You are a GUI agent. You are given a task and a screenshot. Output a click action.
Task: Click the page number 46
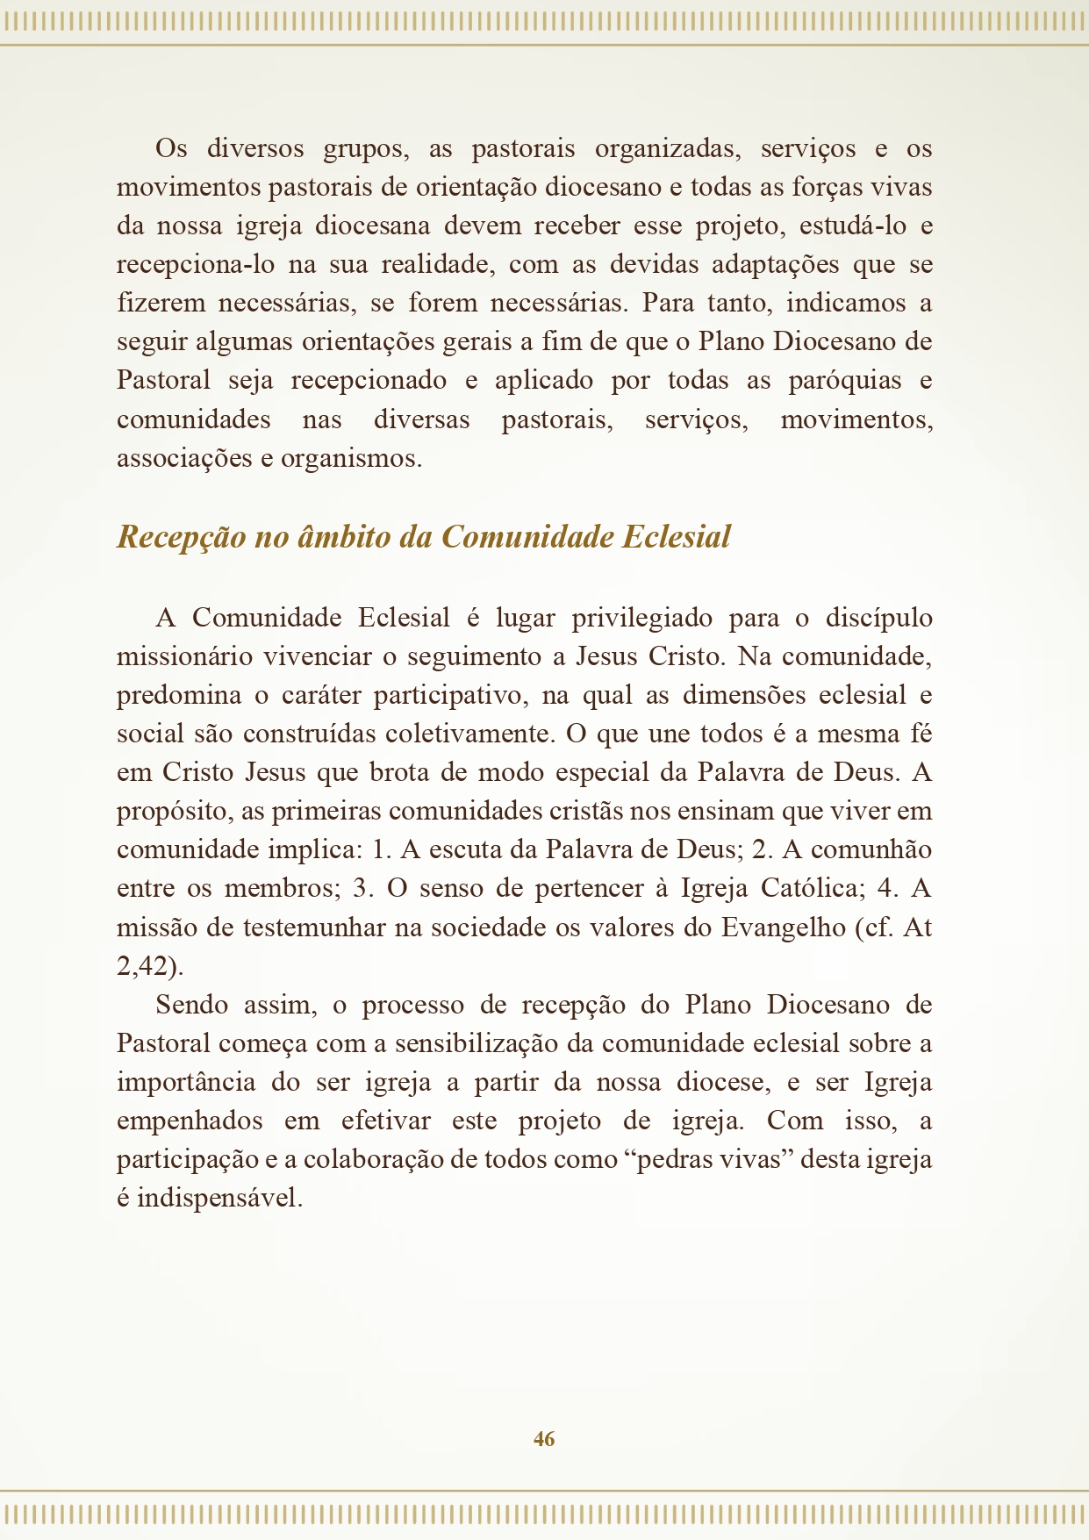point(544,1439)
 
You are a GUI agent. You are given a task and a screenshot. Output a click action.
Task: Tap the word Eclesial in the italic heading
point(676,537)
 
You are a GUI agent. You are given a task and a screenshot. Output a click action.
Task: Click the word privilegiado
point(642,619)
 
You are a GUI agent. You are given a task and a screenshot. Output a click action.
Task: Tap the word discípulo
point(878,619)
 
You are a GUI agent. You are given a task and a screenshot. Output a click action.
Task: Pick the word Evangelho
point(783,928)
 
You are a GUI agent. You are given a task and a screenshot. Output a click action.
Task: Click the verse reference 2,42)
point(150,967)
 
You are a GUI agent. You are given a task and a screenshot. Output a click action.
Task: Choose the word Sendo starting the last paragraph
point(191,1005)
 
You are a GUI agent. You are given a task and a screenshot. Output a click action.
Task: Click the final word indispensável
point(219,1199)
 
